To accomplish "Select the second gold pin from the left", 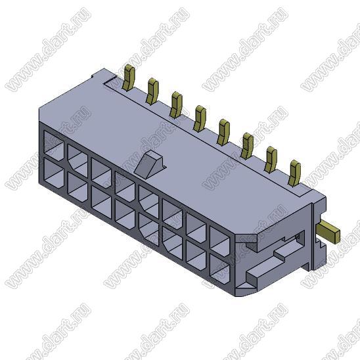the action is [152, 91].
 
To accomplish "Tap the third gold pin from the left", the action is [176, 104].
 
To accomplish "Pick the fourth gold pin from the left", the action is [200, 118].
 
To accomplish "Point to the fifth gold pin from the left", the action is [223, 132].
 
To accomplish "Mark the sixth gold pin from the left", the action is [247, 146].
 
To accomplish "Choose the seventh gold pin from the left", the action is [271, 160].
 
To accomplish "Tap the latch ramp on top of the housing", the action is [148, 164].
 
